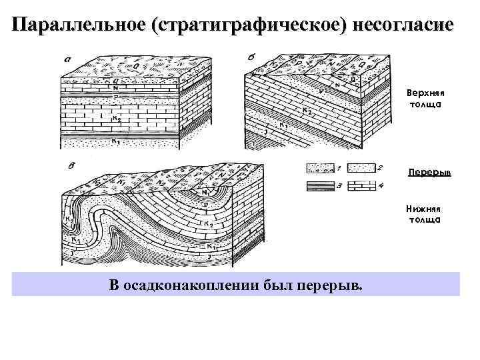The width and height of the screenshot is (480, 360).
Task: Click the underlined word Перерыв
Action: tap(429, 173)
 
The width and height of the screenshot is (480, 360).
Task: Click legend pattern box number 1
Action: tap(320, 169)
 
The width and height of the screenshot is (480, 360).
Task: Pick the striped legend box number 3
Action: tap(320, 187)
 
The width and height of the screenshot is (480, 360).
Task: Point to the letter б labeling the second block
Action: tap(250, 58)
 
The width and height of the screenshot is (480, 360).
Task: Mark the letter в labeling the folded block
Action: tap(71, 165)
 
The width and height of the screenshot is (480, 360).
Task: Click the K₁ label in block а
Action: tap(115, 141)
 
